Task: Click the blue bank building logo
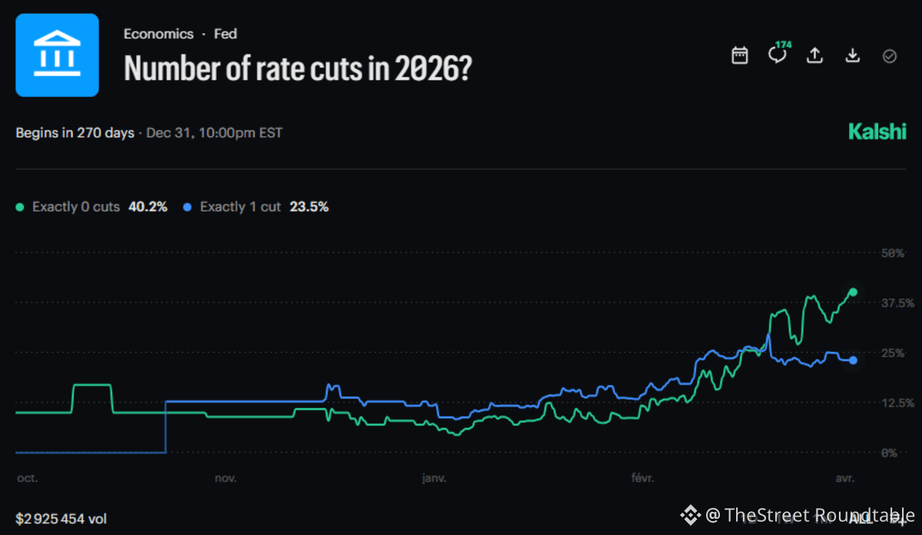[x=58, y=55]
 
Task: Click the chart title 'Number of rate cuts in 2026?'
[x=298, y=69]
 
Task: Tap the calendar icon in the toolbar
[x=740, y=55]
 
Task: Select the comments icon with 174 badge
[x=778, y=55]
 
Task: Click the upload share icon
[x=814, y=55]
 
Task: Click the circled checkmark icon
[x=890, y=56]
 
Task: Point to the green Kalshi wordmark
[x=877, y=132]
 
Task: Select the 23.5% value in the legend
[x=309, y=207]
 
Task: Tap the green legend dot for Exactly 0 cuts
[x=21, y=208]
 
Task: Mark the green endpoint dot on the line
[x=853, y=292]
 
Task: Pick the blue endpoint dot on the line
[x=853, y=361]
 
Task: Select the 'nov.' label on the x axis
[x=226, y=478]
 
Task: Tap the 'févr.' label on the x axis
[x=642, y=478]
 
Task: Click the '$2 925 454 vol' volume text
[x=61, y=519]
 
